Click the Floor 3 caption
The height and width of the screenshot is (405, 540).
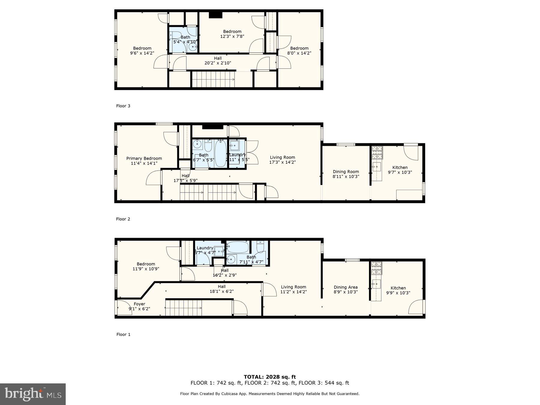pos(123,106)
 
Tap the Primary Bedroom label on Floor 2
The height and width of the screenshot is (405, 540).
pos(144,158)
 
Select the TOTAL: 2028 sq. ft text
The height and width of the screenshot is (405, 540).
pos(270,377)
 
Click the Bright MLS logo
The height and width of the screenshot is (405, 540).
pos(33,394)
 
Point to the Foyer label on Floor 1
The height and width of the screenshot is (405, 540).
pos(139,304)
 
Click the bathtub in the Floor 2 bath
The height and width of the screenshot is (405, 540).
pos(221,154)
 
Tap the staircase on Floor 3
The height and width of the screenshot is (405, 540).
pos(213,79)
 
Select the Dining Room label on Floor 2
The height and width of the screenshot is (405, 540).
pos(346,172)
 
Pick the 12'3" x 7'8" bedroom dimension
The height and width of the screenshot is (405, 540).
pos(232,36)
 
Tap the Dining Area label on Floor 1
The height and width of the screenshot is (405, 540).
pos(346,287)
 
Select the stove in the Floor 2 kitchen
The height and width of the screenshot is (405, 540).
pos(377,152)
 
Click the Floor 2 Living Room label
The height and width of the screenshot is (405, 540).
pos(282,157)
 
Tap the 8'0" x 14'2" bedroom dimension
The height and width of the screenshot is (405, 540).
pos(299,53)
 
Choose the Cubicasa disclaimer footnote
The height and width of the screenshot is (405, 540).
pos(269,394)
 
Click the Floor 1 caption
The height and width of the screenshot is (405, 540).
pos(123,334)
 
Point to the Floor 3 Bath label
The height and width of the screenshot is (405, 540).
pos(185,37)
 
